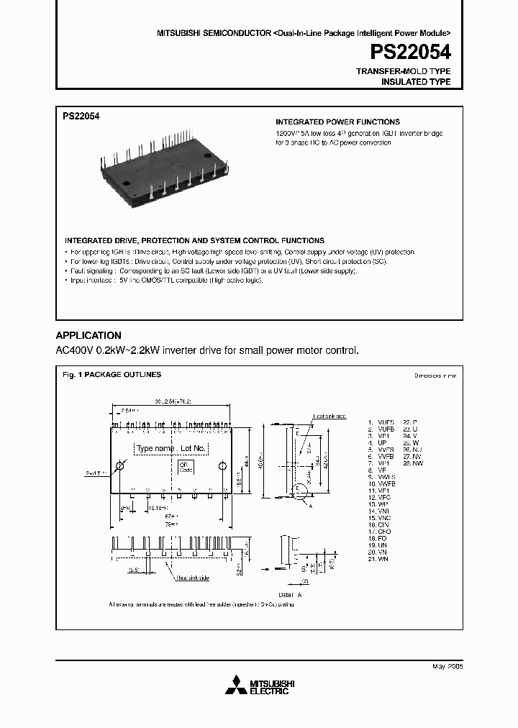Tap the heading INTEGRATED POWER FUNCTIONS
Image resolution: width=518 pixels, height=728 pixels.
[337, 122]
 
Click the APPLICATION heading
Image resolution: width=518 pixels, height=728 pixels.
[88, 335]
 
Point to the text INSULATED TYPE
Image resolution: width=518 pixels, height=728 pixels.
[415, 82]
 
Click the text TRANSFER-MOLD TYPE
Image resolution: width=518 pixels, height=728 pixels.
[404, 71]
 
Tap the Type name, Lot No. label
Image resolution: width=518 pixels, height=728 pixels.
[171, 448]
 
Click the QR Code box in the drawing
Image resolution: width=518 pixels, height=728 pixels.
[184, 468]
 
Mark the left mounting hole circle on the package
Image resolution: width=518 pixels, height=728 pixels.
[120, 467]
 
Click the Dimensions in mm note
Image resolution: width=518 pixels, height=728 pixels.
[435, 376]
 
